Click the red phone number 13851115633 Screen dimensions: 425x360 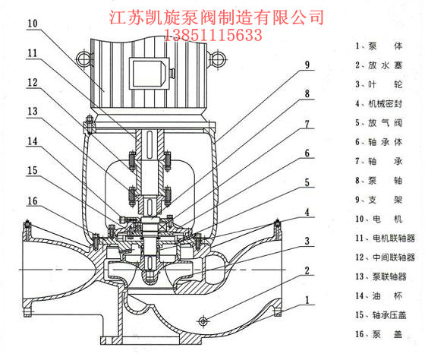(x=213, y=35)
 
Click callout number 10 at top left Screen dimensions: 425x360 (x=33, y=24)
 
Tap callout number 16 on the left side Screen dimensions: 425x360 (x=33, y=201)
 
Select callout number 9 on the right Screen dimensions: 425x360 (x=307, y=65)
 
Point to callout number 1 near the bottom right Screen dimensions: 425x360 (x=307, y=300)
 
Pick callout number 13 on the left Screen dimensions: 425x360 (x=33, y=111)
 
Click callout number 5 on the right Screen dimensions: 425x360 (x=307, y=182)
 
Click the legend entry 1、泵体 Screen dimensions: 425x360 (x=379, y=46)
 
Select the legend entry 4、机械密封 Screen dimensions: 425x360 (x=379, y=103)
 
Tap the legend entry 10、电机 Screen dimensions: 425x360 (x=379, y=219)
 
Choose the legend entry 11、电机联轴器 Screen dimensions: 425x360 (x=386, y=238)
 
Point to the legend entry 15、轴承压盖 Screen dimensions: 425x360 (x=381, y=315)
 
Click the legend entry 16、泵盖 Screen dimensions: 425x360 (x=379, y=334)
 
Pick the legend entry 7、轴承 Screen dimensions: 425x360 (x=379, y=162)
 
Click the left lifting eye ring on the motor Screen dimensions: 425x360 (x=83, y=59)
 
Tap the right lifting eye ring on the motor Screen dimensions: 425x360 (x=217, y=59)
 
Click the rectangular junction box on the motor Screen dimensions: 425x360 (x=150, y=73)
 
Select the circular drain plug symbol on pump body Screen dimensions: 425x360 (x=203, y=322)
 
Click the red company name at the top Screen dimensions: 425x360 (x=216, y=17)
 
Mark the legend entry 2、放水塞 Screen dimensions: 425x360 (x=379, y=65)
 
